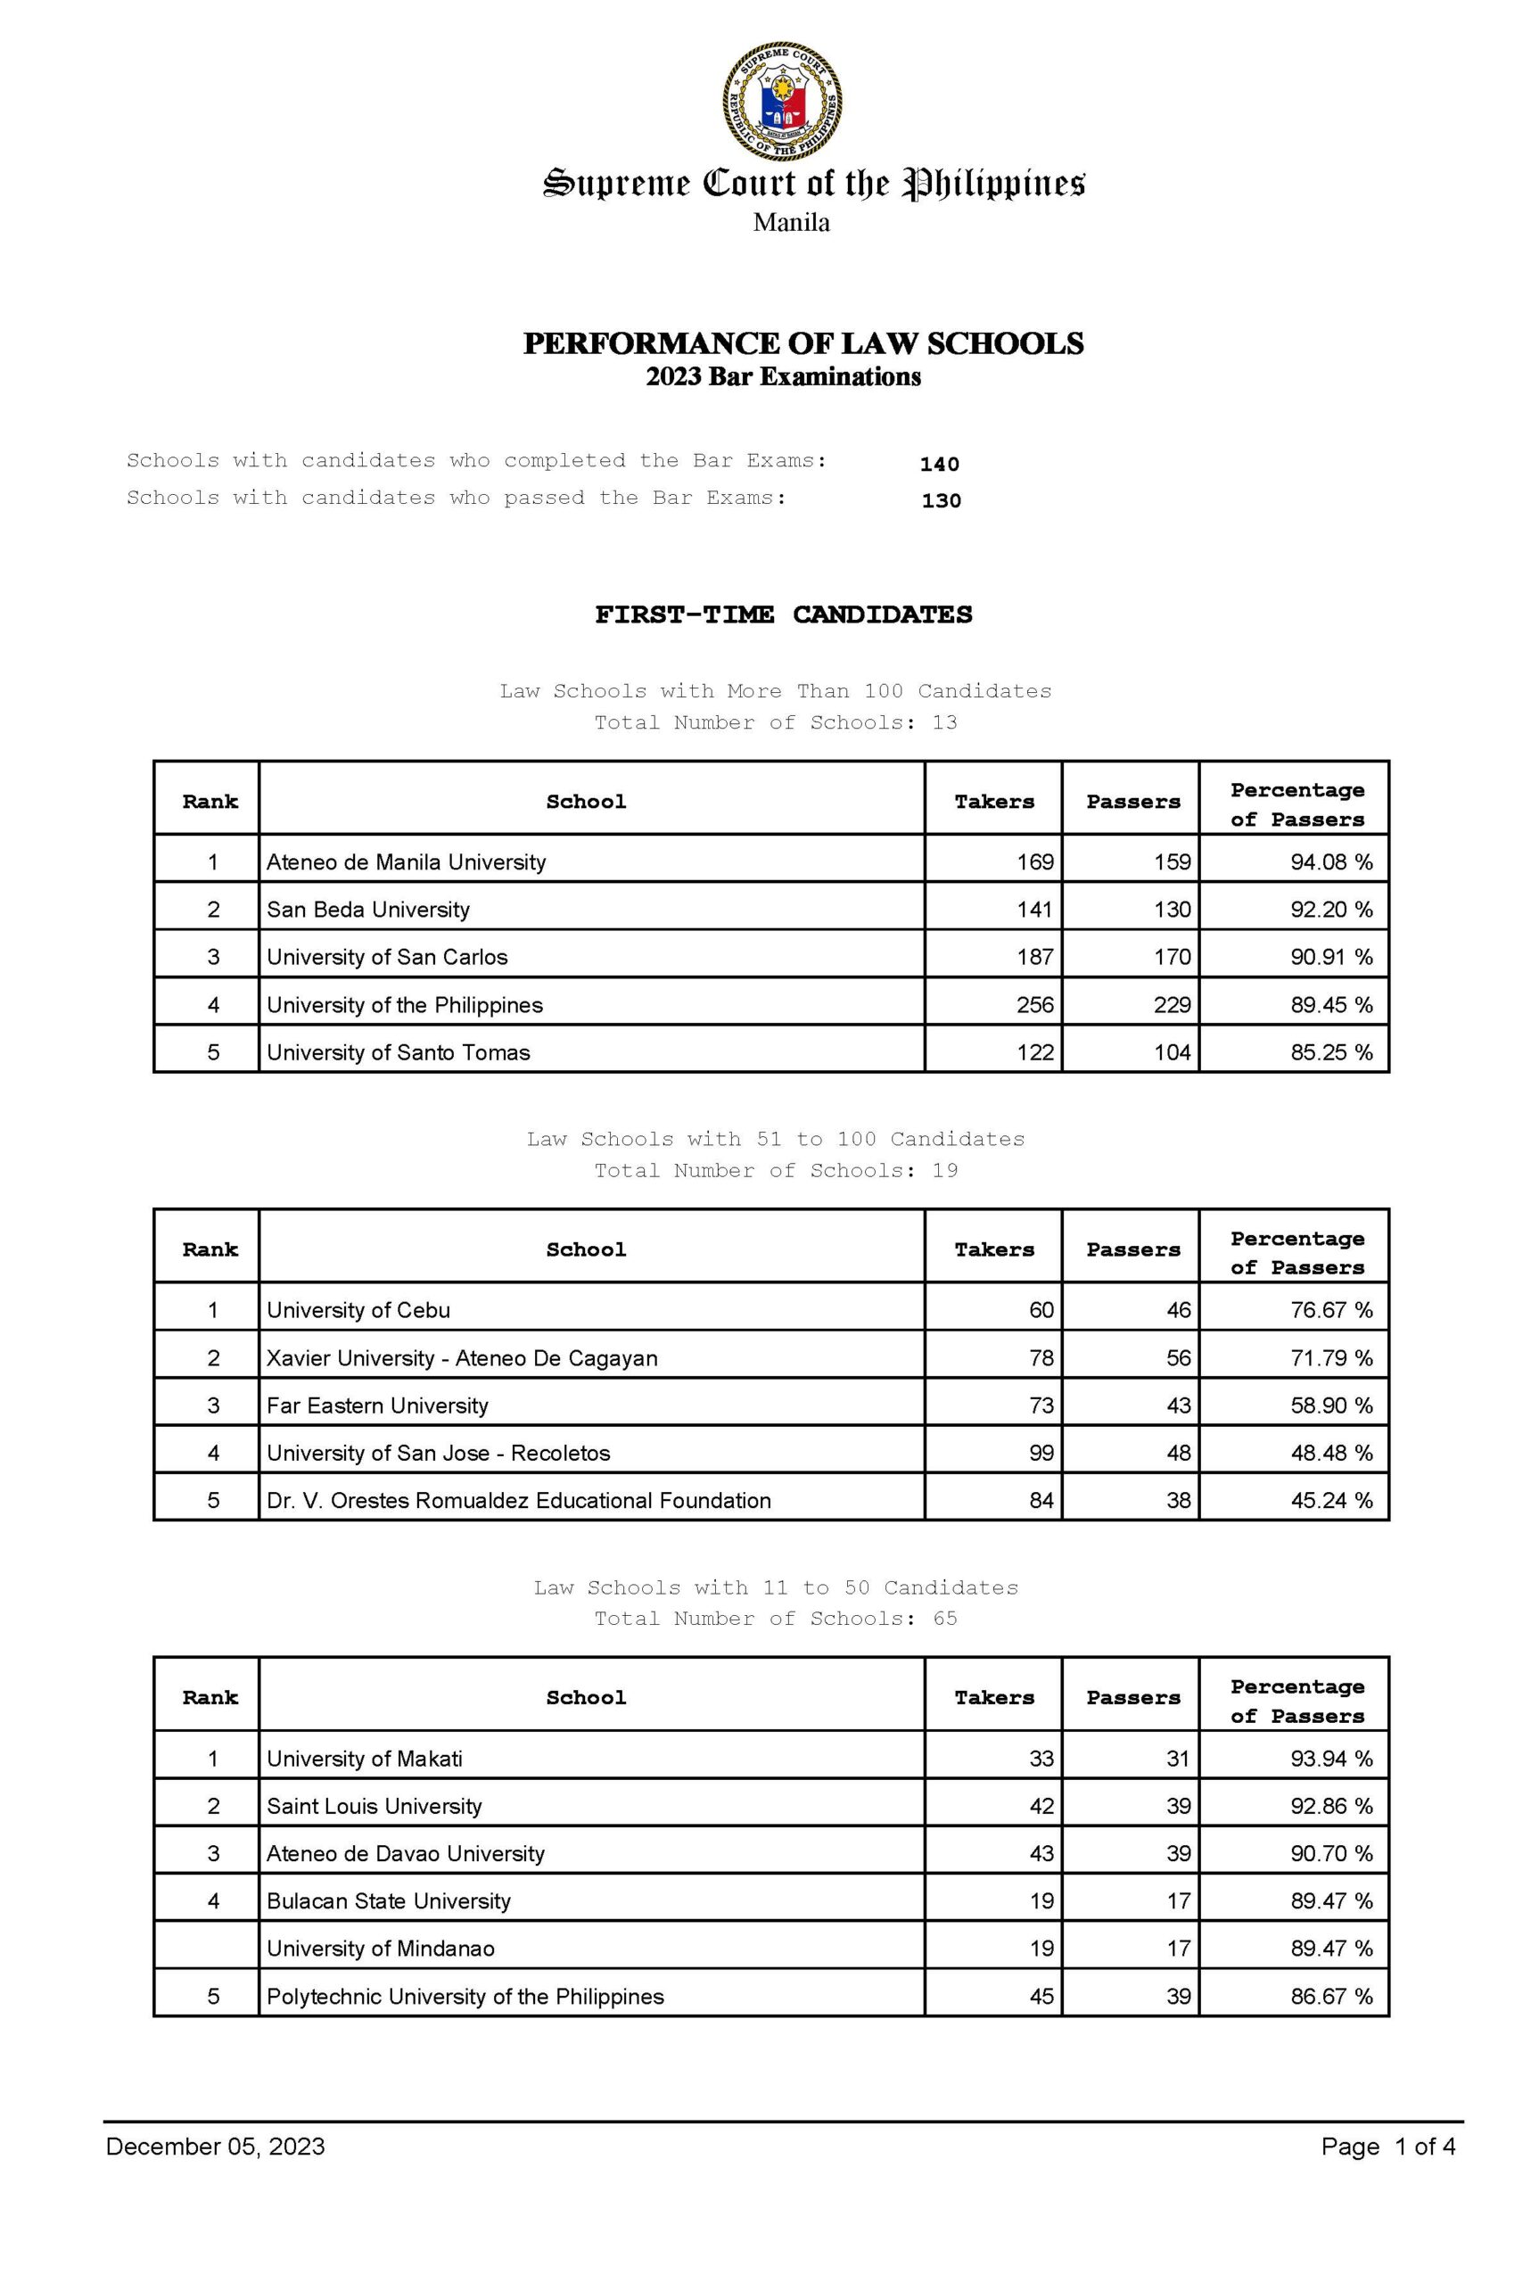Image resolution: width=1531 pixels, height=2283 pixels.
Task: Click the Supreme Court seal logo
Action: [x=782, y=102]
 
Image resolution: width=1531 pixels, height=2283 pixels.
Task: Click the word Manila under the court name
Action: [x=791, y=223]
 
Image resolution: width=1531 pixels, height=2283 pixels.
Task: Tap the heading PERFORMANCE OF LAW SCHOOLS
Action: [x=803, y=343]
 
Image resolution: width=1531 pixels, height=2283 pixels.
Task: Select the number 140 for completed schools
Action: [x=939, y=464]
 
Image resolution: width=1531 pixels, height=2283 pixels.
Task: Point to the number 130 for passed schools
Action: [x=942, y=501]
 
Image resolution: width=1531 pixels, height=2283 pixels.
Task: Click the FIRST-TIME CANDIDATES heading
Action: [x=783, y=614]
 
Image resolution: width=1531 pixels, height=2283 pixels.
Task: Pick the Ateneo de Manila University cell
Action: [x=407, y=861]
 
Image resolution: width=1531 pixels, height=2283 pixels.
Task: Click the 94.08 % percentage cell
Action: [x=1331, y=861]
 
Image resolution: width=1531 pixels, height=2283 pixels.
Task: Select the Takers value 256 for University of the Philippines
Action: [x=1035, y=1005]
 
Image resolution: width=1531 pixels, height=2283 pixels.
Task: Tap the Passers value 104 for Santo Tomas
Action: [x=1172, y=1051]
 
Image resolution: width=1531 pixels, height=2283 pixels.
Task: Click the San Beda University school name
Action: [x=368, y=909]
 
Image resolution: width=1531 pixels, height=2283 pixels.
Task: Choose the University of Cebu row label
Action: [x=358, y=1309]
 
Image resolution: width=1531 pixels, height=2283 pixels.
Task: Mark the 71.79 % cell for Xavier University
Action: [x=1331, y=1357]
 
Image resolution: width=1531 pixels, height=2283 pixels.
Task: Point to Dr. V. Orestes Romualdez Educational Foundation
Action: [x=518, y=1500]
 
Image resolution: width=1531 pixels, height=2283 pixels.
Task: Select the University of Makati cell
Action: [x=364, y=1759]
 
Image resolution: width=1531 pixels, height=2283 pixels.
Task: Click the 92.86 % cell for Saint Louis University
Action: [x=1331, y=1806]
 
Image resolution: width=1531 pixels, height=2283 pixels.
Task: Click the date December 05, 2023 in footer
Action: [x=215, y=2147]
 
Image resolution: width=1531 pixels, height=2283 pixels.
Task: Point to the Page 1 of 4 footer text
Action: [x=1387, y=2147]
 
